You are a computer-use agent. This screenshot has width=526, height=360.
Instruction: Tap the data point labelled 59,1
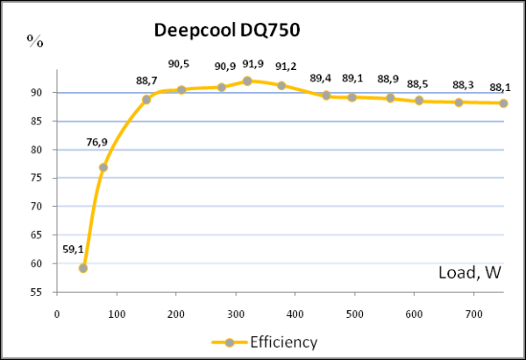point(83,268)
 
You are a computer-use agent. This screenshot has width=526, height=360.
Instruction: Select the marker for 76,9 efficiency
point(103,167)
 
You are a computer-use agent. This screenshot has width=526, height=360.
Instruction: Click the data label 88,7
point(146,81)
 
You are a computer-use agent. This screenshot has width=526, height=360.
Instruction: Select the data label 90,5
point(179,64)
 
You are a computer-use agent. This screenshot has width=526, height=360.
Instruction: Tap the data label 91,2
point(285,67)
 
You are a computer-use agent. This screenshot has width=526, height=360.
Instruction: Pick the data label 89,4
point(321,79)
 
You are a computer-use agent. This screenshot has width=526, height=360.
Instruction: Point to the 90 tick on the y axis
point(39,93)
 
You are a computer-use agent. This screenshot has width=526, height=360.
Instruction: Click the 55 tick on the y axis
point(39,292)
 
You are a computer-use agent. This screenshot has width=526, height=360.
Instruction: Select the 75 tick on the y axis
point(39,178)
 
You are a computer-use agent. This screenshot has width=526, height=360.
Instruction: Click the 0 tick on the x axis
point(57,313)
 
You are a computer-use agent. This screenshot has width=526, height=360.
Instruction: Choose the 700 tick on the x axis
point(473,313)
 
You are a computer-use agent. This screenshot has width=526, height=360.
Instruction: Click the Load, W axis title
point(469,272)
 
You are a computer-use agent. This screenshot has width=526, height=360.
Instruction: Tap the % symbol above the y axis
point(36,40)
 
